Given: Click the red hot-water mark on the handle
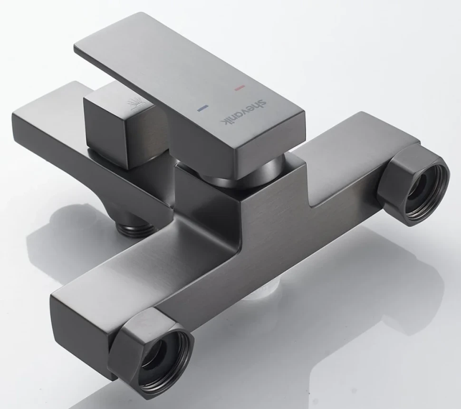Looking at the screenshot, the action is coord(240,88).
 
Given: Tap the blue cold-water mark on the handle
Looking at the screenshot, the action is coord(202,109).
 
